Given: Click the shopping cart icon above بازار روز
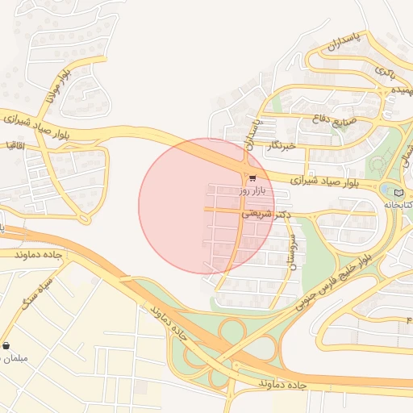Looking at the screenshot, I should click(x=252, y=178).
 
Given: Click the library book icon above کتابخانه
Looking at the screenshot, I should click(x=398, y=193).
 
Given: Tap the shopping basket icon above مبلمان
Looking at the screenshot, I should click(x=6, y=345).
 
